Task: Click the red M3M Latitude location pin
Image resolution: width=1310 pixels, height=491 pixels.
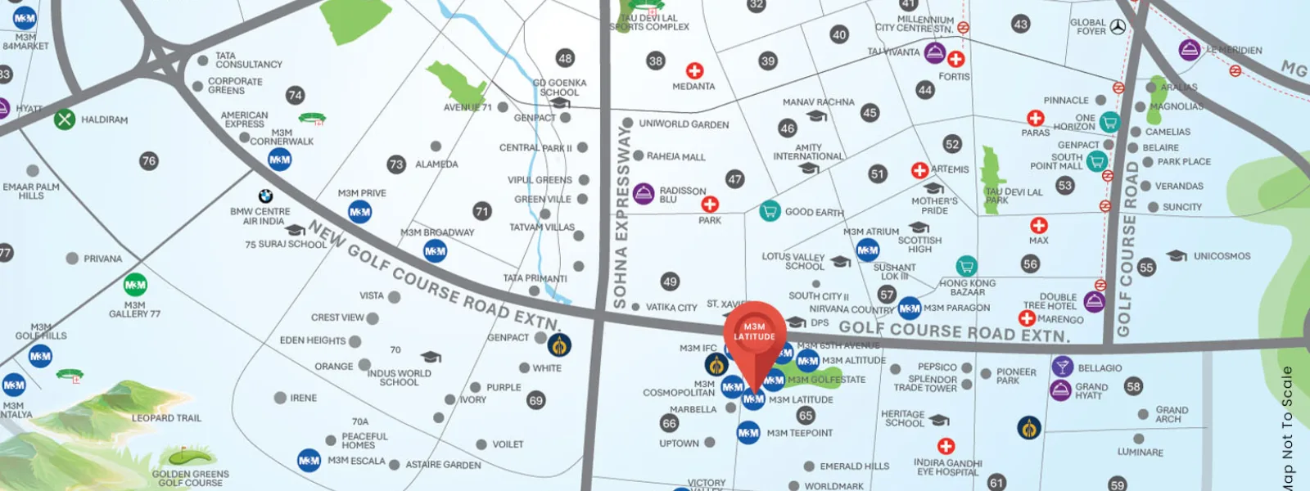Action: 754,332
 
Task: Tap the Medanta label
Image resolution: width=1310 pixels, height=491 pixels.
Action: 693,86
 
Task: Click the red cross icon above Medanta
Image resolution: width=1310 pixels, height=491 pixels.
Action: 694,70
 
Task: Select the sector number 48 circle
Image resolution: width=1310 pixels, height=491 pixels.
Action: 565,58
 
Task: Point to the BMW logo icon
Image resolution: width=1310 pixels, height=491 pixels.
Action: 265,196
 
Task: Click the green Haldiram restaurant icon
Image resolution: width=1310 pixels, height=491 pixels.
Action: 65,119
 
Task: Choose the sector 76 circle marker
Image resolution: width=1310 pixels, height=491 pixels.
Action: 148,160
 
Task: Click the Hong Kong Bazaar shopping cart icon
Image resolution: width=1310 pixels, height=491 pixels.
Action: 966,266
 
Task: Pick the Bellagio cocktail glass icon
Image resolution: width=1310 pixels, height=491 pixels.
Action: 1062,367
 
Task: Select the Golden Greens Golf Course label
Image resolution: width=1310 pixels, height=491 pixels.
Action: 190,478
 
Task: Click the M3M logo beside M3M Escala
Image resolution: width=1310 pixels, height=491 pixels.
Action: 309,461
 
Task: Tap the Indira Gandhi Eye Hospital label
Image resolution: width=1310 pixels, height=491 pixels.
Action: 947,467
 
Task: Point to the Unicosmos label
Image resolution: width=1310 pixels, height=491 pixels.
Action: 1222,256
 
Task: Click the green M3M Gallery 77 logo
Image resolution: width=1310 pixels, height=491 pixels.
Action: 135,285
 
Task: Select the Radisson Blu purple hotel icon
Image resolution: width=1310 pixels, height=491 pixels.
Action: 644,194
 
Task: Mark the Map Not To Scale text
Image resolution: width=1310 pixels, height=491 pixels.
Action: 1287,427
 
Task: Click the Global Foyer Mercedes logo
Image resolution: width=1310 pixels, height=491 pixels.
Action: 1118,27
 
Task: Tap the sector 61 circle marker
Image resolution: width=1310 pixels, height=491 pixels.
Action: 996,482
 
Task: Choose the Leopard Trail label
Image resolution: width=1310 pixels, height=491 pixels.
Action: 166,418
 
